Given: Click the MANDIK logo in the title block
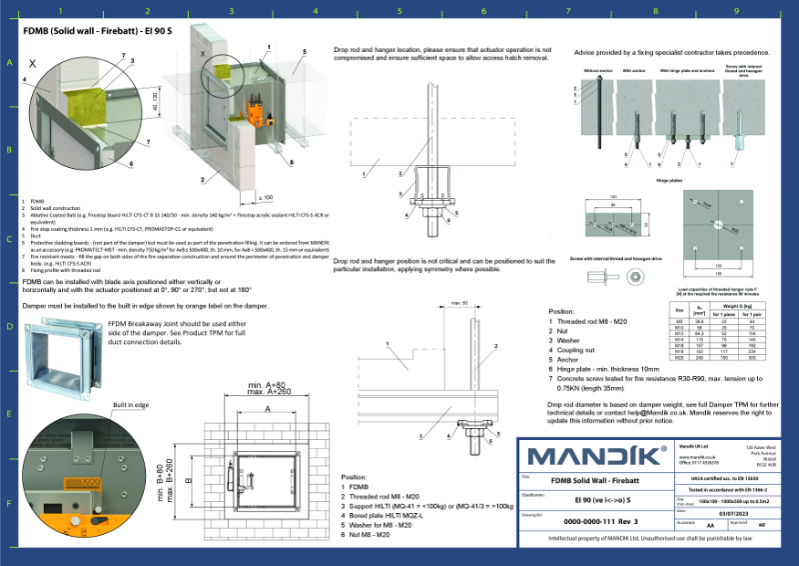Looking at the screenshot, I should [x=597, y=459].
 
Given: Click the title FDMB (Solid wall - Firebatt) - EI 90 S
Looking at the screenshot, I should [x=91, y=30].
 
